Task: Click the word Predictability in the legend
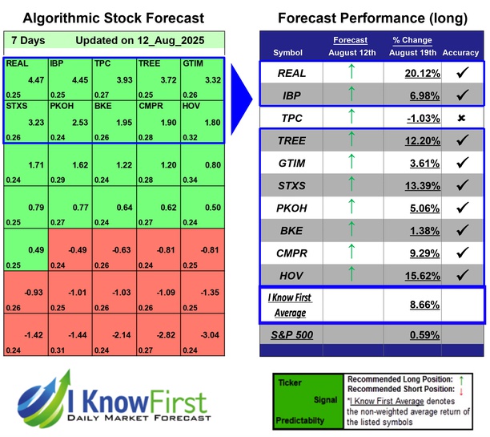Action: tap(300, 419)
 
